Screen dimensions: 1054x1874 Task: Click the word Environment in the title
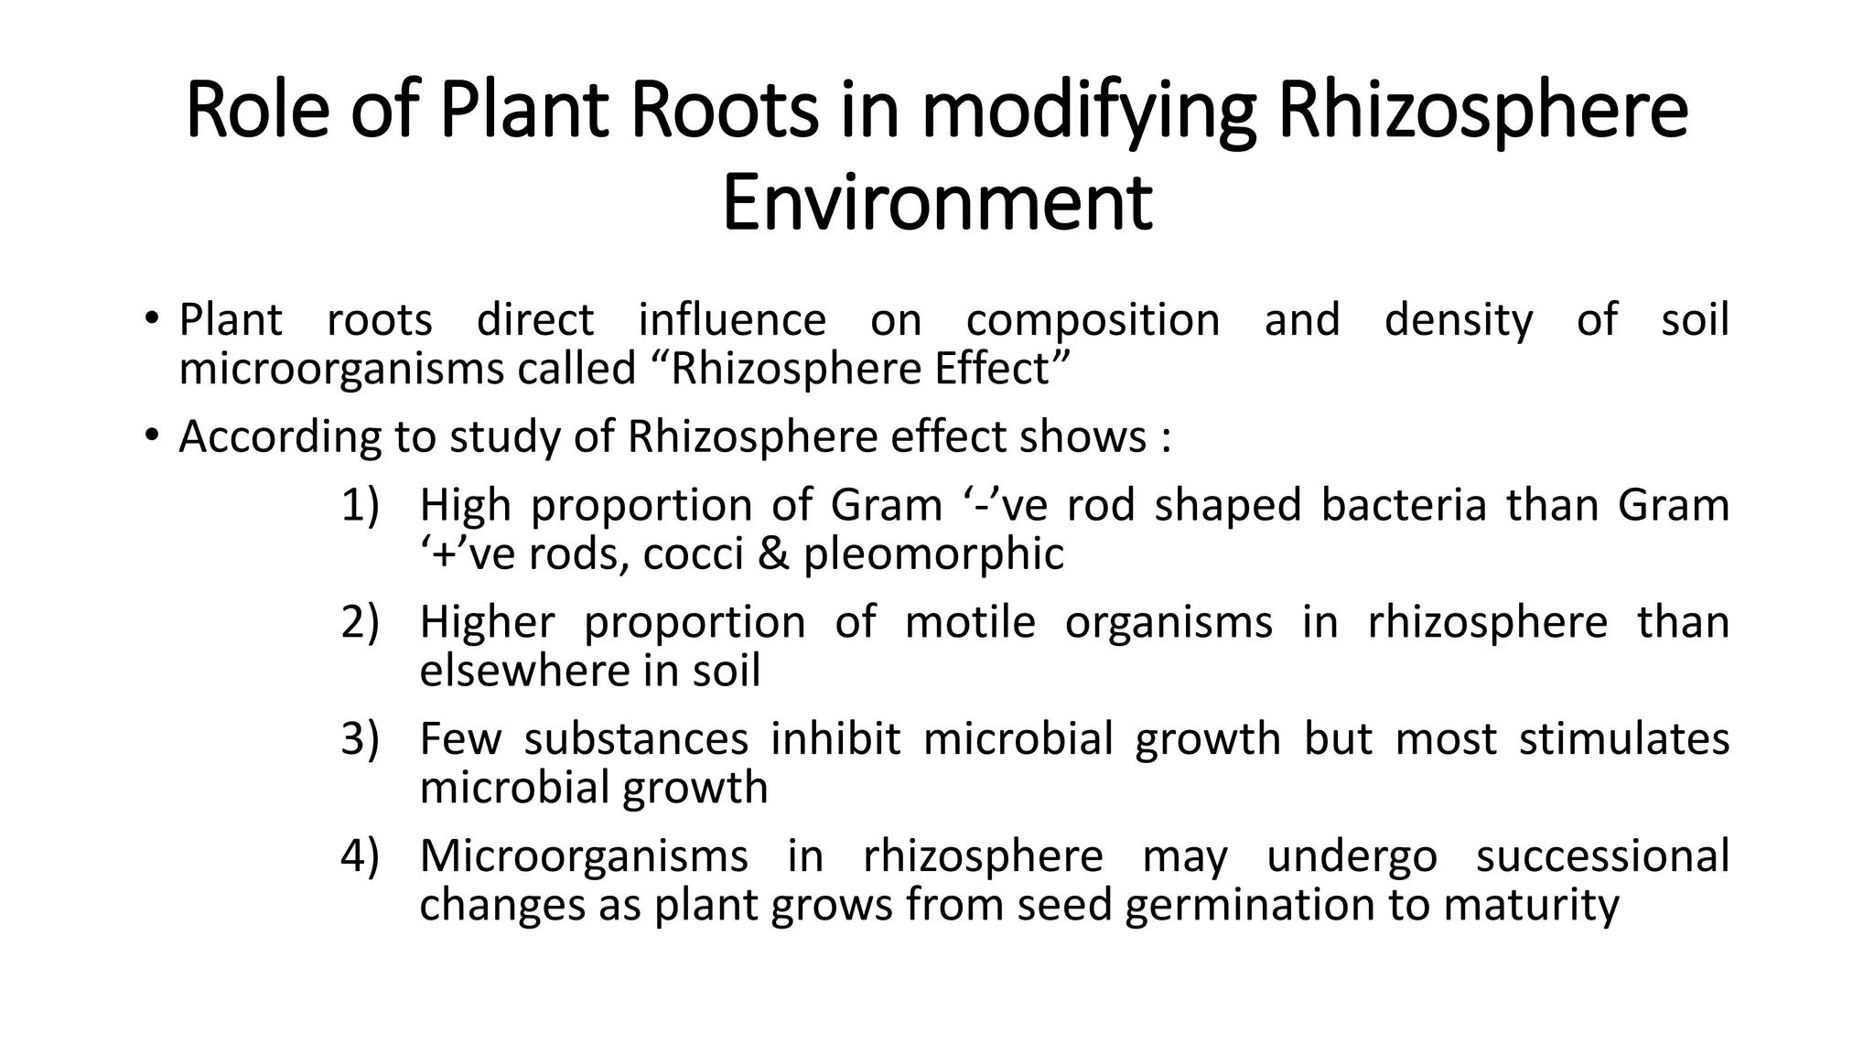click(937, 203)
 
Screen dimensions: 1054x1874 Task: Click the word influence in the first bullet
click(732, 320)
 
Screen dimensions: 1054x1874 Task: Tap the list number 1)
click(360, 506)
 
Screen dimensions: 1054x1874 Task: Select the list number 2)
click(360, 623)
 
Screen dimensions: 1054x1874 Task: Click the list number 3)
click(360, 739)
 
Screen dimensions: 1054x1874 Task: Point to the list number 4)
click(360, 856)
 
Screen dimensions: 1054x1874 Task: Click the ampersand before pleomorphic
click(774, 554)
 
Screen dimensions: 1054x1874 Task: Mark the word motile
click(970, 622)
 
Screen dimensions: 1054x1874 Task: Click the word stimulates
click(1624, 739)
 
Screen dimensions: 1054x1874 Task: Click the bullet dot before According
click(151, 436)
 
